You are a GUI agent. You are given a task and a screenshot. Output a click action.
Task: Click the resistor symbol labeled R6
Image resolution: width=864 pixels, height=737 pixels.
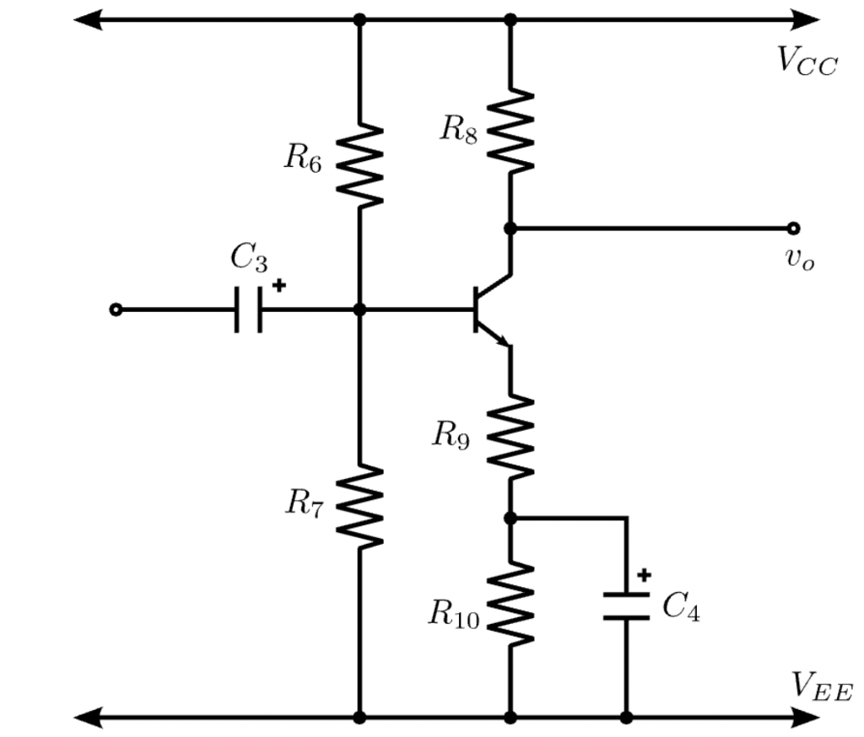(x=360, y=165)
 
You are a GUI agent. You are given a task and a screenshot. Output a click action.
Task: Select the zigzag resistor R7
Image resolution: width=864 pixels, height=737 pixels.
(x=360, y=506)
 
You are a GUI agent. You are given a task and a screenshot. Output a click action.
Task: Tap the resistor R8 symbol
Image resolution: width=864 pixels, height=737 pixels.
(x=510, y=131)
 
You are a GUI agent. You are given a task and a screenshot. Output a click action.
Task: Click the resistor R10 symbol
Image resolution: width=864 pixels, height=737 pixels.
(x=510, y=602)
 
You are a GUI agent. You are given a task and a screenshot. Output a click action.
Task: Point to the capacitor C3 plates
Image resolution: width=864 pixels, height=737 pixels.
(x=249, y=310)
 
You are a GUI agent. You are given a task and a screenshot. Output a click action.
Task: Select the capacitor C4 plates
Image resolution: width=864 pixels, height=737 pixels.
(x=626, y=605)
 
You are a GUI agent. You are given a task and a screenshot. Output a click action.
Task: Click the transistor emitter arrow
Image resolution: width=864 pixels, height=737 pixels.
(x=503, y=340)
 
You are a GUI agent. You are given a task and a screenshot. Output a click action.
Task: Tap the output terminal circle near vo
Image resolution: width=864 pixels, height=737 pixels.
(x=792, y=228)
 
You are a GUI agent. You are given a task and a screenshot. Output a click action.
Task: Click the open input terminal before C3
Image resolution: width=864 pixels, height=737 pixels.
(x=116, y=310)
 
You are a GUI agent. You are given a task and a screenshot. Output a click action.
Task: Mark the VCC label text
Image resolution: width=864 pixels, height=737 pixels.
(x=807, y=61)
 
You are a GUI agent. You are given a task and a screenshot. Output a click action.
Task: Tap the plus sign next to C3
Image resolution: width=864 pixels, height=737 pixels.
(x=278, y=286)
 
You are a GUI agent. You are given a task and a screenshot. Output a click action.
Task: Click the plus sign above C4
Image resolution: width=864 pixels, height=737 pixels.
(x=645, y=575)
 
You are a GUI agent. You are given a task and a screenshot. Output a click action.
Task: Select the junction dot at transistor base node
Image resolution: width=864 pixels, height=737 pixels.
(x=360, y=310)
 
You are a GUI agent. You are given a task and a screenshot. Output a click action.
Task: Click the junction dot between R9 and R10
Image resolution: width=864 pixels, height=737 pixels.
(x=510, y=518)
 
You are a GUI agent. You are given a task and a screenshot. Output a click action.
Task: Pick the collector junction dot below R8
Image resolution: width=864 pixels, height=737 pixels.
(x=510, y=228)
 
